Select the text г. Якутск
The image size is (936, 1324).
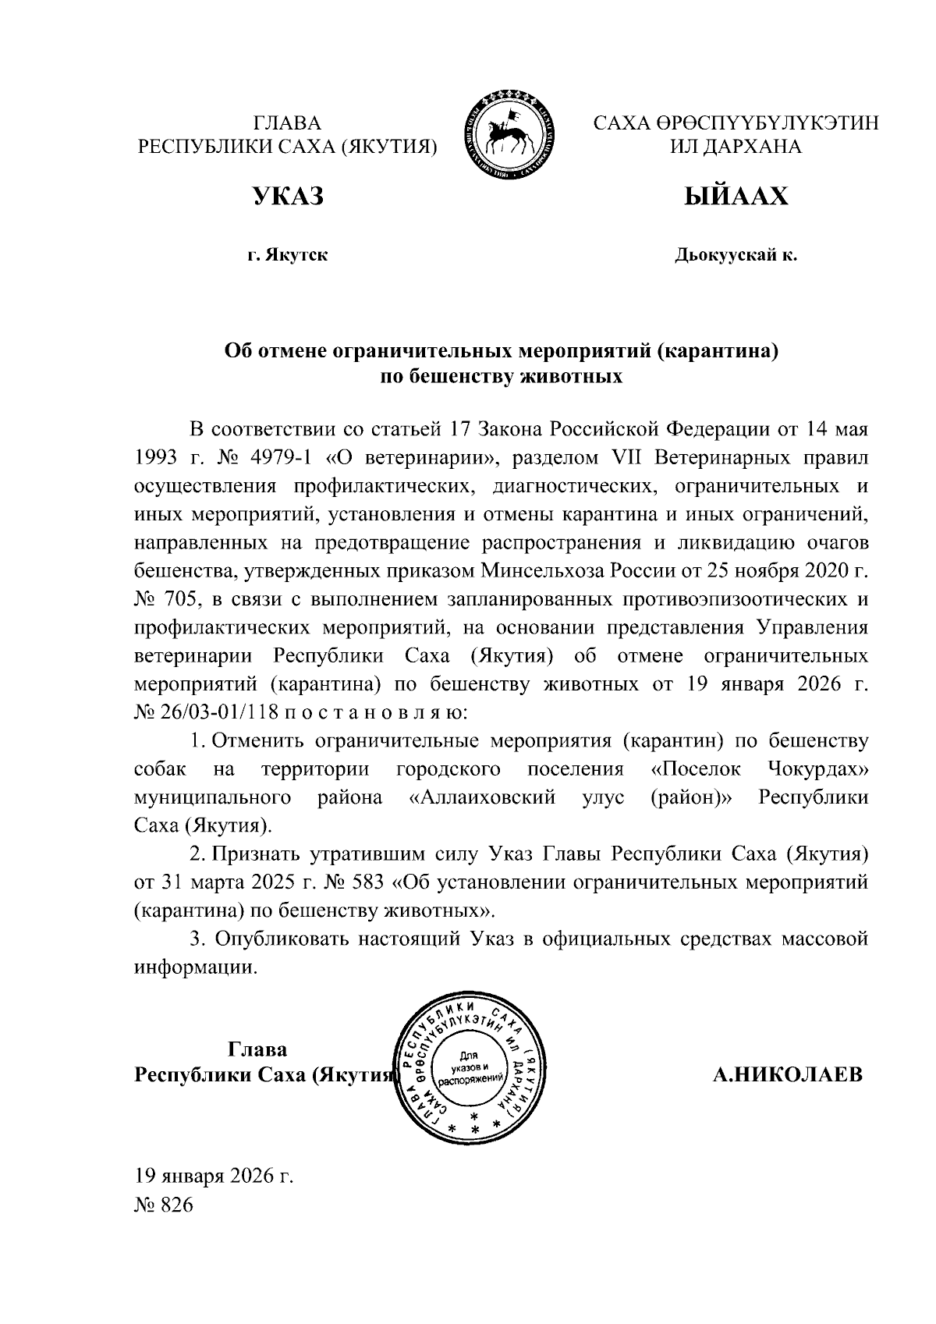click(287, 255)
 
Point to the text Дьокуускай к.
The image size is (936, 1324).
click(736, 255)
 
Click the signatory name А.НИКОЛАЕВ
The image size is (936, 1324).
click(788, 1074)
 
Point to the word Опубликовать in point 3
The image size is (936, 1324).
click(280, 939)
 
